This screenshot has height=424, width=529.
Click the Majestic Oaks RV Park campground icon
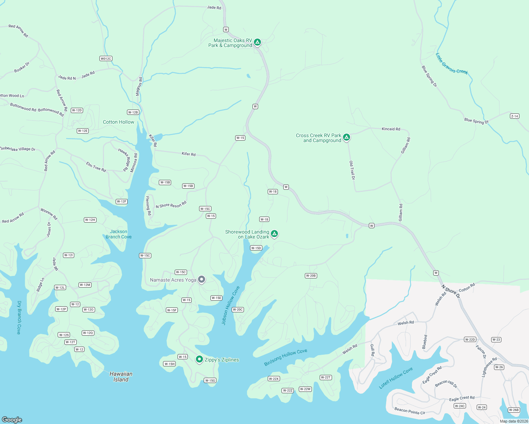pos(258,42)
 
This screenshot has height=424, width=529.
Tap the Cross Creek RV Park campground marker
pos(347,137)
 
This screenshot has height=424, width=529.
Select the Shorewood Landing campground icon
pos(274,233)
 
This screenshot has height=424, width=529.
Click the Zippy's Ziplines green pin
pos(199,359)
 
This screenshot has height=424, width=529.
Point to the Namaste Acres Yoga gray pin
pos(202,279)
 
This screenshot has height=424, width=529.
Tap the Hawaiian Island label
pos(121,377)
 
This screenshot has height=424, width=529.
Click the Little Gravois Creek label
pos(452,64)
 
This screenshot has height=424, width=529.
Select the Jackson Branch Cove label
pos(118,234)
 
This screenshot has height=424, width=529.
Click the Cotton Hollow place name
pos(118,122)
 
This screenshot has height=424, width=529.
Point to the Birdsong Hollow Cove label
pos(286,357)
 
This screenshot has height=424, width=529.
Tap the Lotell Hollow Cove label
pos(396,378)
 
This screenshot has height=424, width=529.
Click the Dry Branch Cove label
pos(19,317)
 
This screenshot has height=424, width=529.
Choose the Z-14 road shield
pos(515,116)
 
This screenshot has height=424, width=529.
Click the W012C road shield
pos(106,59)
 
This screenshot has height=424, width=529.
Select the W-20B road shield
pos(311,276)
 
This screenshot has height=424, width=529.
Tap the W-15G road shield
pos(210,381)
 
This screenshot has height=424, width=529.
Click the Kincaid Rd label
pos(391,129)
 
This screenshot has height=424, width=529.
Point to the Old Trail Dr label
pos(352,170)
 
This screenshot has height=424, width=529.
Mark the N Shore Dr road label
pos(450,291)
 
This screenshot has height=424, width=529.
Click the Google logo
pos(12,420)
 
